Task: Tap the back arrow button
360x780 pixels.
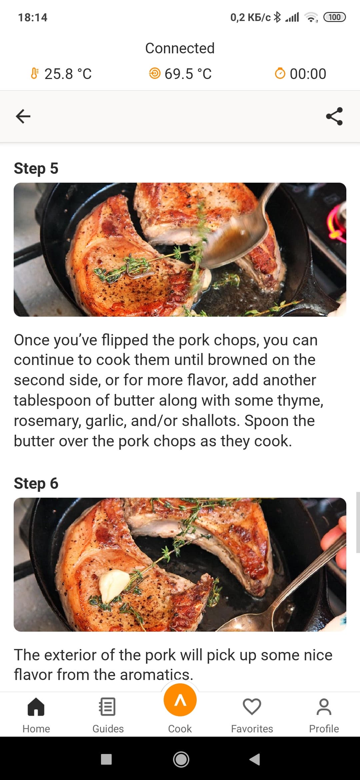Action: pos(23,116)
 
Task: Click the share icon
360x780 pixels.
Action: pos(334,116)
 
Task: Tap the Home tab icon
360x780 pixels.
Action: pos(36,707)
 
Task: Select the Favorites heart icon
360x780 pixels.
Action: pos(252,707)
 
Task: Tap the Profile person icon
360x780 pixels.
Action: pos(324,707)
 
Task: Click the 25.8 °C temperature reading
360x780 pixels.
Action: pos(68,74)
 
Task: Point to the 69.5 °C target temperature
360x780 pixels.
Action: pos(188,74)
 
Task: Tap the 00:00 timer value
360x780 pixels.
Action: pos(308,74)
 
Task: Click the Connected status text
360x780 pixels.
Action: pos(180,48)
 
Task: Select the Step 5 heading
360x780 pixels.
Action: pos(36,168)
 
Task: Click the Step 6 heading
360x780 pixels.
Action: pos(36,483)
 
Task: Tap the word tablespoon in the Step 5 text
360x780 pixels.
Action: pos(52,401)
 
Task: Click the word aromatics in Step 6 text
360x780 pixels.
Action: pos(156,675)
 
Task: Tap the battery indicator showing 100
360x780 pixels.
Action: pos(334,17)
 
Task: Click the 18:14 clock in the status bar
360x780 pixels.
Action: pos(33,17)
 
